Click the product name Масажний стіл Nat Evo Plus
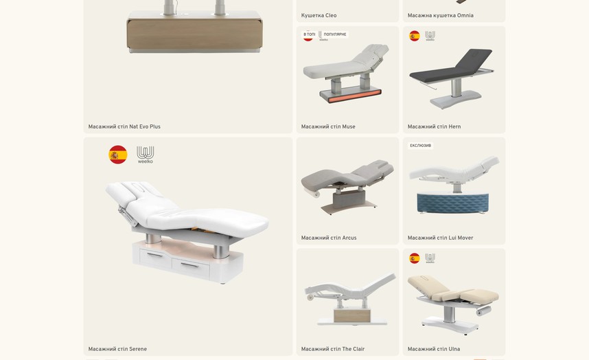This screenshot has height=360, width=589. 124,126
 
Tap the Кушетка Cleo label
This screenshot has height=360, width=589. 319,15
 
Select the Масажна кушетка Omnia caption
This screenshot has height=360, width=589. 441,15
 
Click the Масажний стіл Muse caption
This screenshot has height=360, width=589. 328,126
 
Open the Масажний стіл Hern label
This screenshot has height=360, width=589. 435,126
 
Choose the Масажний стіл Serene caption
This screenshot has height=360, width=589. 117,349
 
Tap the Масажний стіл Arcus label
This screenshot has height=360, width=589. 329,238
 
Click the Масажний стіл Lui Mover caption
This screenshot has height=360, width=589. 440,238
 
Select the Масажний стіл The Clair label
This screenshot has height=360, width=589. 333,349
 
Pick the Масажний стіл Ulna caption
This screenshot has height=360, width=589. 434,349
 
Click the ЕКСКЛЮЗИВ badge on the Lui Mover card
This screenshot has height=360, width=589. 421,146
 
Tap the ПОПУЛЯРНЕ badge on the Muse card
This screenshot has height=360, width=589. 335,34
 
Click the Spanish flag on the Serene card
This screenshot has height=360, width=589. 118,155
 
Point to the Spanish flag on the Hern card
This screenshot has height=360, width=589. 415,36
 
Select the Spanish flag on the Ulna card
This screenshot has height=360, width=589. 415,258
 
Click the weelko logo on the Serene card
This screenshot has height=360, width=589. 146,155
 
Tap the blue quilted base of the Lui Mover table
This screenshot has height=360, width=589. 452,203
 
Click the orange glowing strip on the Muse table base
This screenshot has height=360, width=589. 355,95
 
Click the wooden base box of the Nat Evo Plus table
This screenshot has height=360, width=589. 194,34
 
